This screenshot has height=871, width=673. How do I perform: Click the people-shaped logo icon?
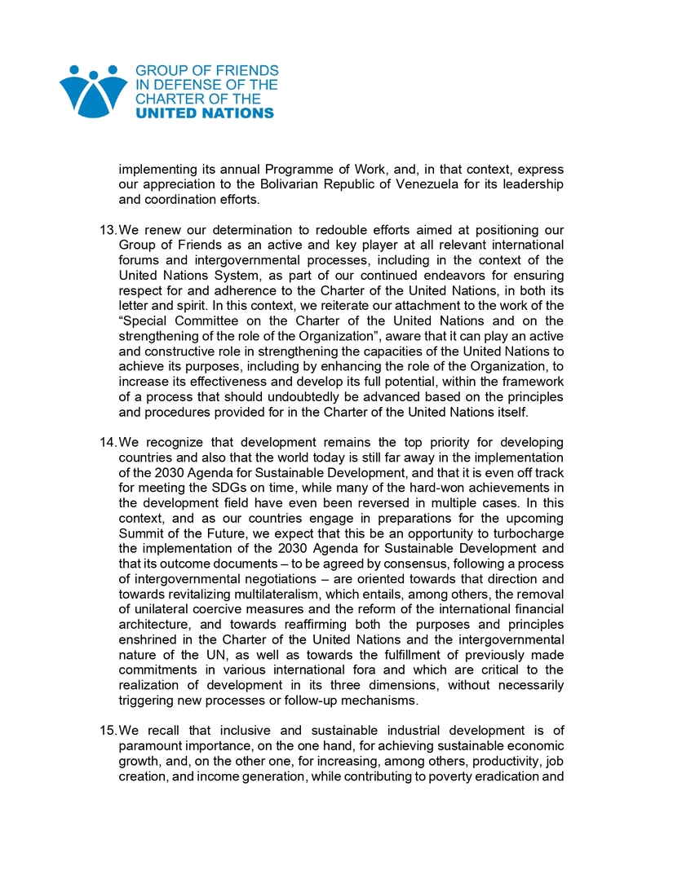point(93,91)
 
